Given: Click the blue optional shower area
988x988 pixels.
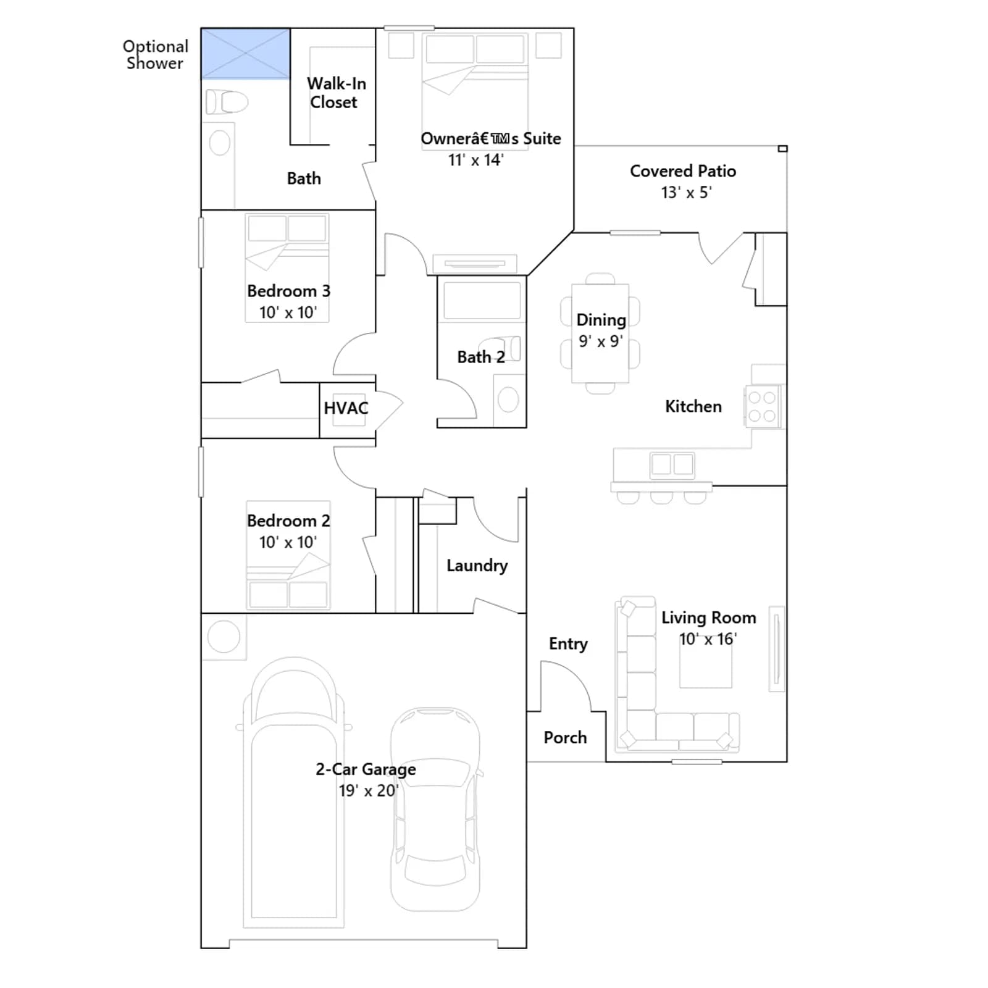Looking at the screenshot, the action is (x=246, y=53).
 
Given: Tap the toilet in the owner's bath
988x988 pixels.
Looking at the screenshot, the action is (x=227, y=102).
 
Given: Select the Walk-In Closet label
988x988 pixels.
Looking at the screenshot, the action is (x=336, y=93).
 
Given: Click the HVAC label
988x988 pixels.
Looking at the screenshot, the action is (x=346, y=408).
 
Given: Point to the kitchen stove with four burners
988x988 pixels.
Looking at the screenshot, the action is (x=763, y=407).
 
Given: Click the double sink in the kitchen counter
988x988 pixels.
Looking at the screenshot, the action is (x=672, y=464).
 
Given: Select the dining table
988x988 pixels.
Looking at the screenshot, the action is (x=600, y=333).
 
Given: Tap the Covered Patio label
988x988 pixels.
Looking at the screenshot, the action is (x=683, y=171).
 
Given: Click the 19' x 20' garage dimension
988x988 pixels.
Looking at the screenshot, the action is (x=369, y=790).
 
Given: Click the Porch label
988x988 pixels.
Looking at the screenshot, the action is (x=565, y=737).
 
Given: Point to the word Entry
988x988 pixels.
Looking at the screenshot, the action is (x=568, y=644).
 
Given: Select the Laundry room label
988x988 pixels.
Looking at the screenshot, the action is (x=477, y=566).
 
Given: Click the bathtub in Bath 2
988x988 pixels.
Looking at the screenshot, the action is (x=482, y=301).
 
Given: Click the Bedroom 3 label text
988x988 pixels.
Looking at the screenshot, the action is (x=288, y=291).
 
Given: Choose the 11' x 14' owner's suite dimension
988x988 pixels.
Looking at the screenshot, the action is (x=475, y=160).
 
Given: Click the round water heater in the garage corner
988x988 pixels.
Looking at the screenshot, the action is (x=224, y=636).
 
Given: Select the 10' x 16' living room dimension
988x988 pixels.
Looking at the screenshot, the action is (x=708, y=639).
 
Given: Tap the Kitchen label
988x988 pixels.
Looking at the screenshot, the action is (x=693, y=406).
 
